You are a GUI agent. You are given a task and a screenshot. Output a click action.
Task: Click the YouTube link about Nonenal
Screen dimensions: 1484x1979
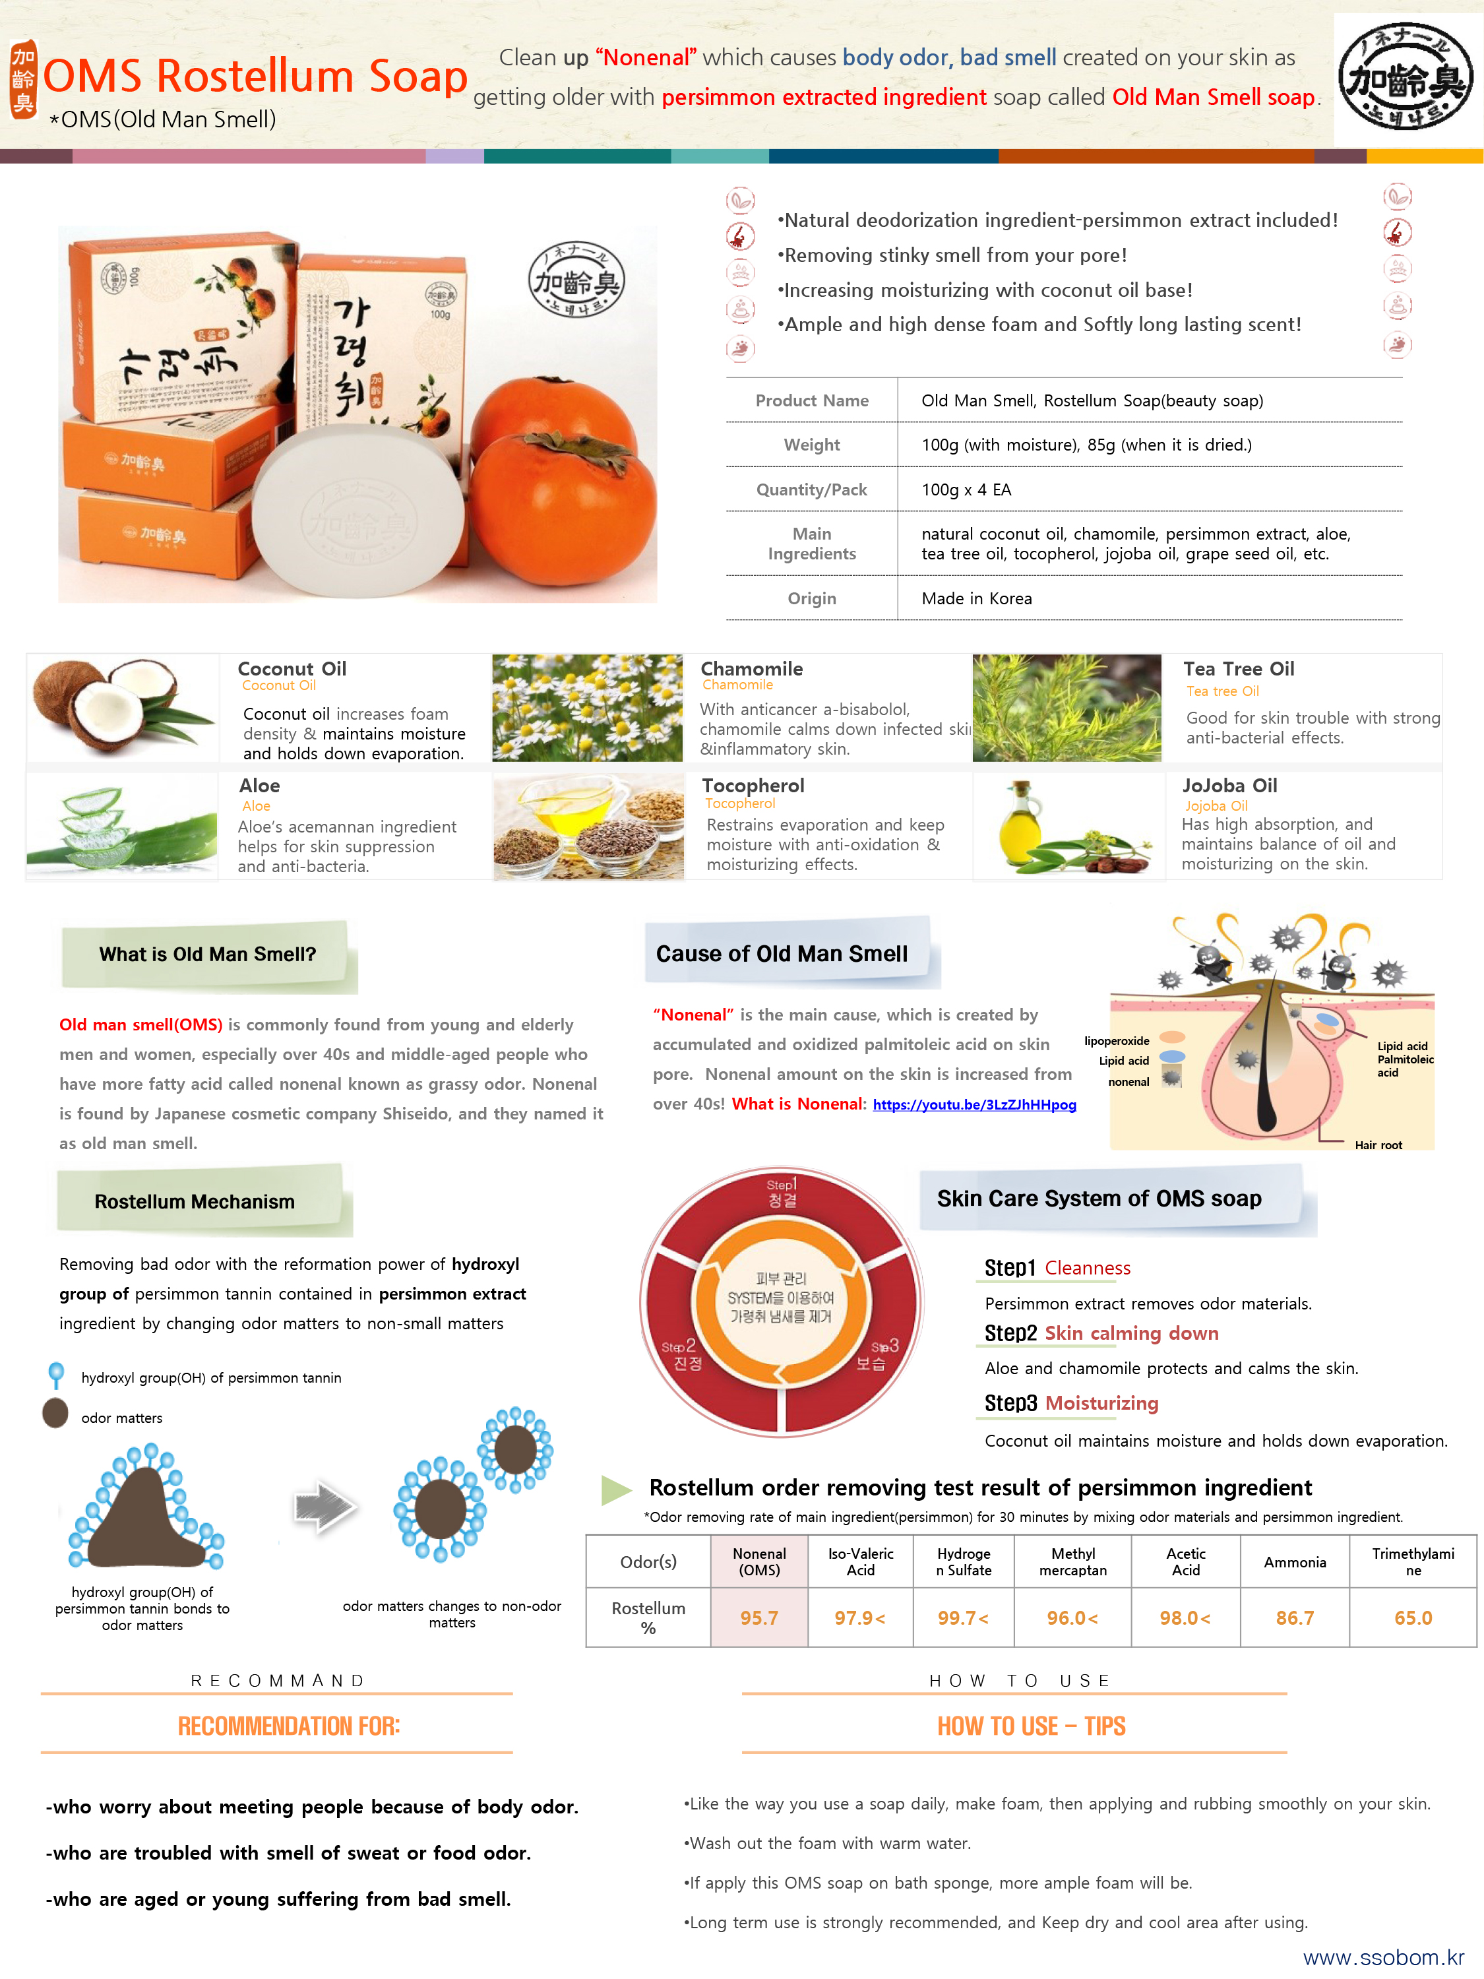coord(974,1105)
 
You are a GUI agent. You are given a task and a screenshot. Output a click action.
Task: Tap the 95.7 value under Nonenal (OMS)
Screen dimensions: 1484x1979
coord(758,1618)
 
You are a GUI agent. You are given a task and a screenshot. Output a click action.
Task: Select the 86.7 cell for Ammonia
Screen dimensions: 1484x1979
coord(1294,1618)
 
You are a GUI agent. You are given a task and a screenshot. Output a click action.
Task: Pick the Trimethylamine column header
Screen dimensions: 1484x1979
coord(1413,1562)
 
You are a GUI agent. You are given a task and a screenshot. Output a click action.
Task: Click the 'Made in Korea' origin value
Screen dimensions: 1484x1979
coord(977,598)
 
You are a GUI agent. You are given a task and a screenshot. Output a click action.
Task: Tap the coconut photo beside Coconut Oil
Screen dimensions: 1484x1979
coord(123,708)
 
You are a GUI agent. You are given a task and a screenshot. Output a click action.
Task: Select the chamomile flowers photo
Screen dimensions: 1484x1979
coord(587,708)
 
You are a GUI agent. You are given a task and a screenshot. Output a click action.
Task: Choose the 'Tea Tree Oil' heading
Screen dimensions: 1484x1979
coord(1238,669)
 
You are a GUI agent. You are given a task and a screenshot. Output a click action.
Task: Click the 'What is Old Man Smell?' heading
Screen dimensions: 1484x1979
coord(208,955)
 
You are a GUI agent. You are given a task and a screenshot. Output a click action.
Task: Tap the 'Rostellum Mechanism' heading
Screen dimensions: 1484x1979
coord(194,1201)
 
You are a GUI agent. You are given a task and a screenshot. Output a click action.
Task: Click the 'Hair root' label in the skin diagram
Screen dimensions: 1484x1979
coord(1378,1145)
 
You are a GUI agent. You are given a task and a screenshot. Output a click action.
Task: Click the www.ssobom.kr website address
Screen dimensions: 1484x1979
coord(1383,1957)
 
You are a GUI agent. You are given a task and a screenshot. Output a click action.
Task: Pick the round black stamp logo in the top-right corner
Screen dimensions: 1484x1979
coord(1406,76)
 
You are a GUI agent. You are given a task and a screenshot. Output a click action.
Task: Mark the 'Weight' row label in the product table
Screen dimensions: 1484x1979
coord(811,445)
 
